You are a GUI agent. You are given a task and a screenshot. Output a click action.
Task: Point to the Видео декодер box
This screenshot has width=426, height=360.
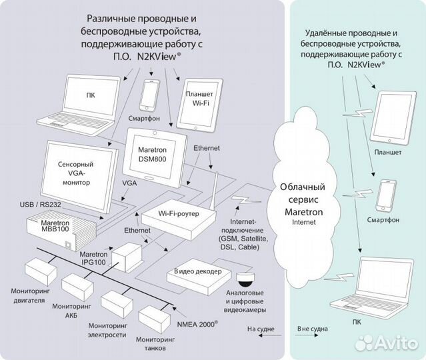197,273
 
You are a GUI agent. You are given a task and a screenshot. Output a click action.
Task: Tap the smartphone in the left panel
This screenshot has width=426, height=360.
149,95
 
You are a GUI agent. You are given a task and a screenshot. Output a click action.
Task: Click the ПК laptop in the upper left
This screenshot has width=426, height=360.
91,100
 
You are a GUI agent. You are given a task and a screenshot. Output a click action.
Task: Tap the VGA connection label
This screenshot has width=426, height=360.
130,181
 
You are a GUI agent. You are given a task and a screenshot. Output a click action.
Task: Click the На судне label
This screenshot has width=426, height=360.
261,328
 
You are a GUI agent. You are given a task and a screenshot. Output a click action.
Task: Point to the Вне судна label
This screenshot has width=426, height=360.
311,329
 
